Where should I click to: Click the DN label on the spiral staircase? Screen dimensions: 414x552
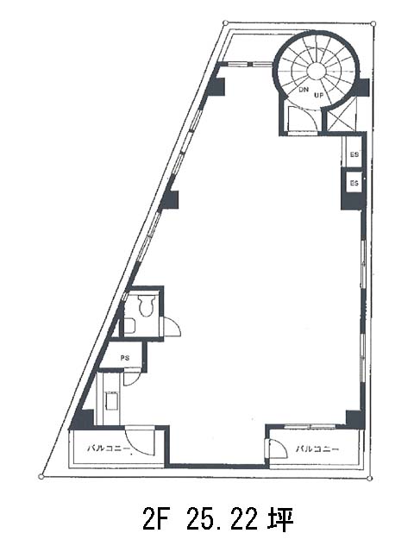(x=304, y=90)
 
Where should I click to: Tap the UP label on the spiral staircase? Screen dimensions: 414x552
(x=318, y=94)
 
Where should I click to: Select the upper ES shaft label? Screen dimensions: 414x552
(x=354, y=154)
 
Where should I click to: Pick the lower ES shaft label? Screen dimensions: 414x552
(x=354, y=183)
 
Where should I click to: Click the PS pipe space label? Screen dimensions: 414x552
(x=125, y=358)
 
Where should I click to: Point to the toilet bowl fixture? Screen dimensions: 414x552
(x=146, y=305)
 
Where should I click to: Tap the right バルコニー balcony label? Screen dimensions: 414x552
(x=317, y=448)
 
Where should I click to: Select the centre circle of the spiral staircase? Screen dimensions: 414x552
(x=316, y=71)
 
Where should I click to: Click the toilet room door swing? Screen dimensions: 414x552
(x=172, y=327)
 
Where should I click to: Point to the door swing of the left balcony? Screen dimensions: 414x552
(x=140, y=441)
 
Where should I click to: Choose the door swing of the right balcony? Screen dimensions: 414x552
(x=278, y=448)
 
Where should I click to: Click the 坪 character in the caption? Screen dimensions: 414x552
(x=281, y=519)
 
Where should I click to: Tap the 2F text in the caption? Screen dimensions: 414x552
(x=154, y=519)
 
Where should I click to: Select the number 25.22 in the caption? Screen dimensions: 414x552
(x=222, y=519)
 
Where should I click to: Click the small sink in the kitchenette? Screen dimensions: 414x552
(x=112, y=400)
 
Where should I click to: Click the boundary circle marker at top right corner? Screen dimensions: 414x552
(x=373, y=24)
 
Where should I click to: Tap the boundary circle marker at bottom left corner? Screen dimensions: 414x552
(x=41, y=477)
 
